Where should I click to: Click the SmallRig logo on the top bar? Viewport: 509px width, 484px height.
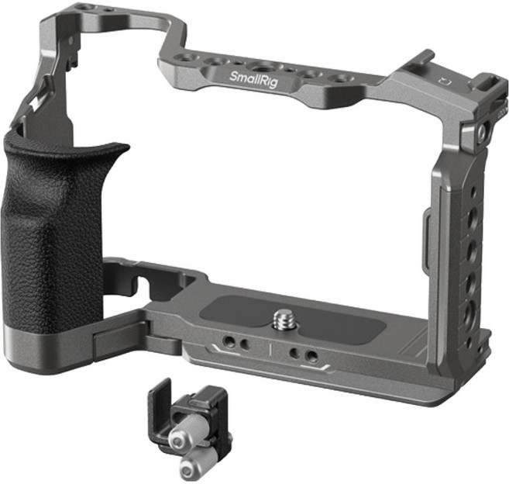point(253,79)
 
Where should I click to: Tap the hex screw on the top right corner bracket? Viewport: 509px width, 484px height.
point(482,132)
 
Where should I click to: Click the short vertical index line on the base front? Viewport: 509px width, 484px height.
point(270,350)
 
